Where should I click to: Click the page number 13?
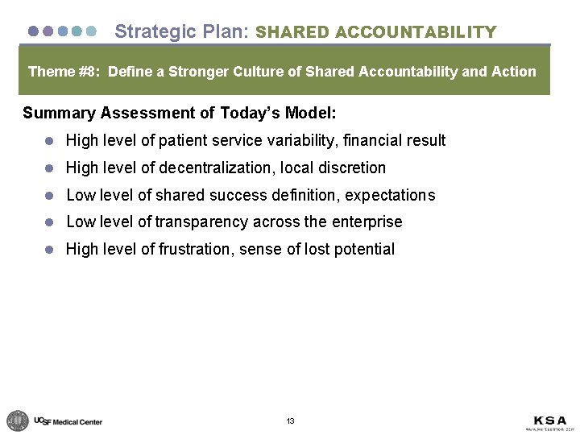click(x=290, y=421)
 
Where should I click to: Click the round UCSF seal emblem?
click(x=18, y=420)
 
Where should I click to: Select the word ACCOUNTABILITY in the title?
click(x=416, y=32)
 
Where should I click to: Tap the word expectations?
click(x=390, y=195)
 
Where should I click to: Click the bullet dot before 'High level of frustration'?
click(x=49, y=250)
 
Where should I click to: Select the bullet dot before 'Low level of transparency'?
click(x=49, y=222)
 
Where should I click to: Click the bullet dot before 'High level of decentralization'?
click(x=49, y=168)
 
